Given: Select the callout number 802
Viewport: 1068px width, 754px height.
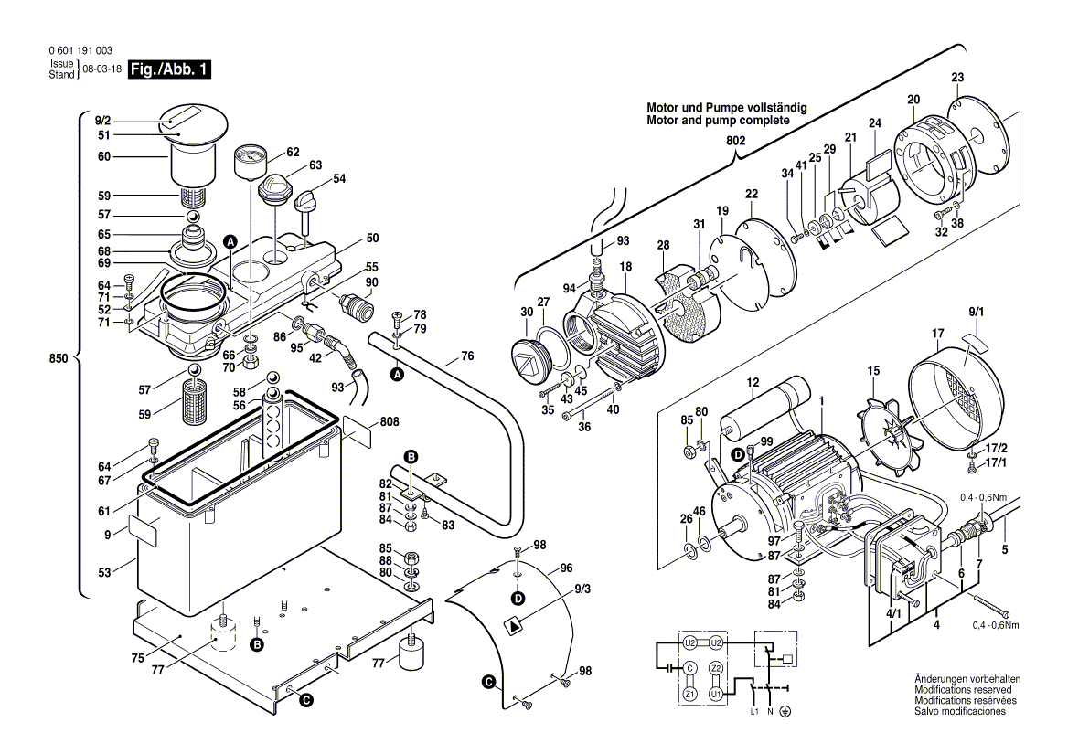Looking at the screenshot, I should click(735, 141).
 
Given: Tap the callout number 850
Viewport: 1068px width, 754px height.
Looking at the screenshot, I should click(59, 360).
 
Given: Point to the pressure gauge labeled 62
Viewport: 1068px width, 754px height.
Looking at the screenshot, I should click(249, 162).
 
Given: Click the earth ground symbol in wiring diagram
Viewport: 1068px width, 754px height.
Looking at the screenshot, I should click(785, 711).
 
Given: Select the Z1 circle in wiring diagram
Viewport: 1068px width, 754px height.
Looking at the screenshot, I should click(689, 695).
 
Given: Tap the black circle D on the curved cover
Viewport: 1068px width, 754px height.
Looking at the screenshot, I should click(518, 599).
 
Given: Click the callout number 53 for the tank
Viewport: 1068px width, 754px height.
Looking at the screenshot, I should click(104, 573).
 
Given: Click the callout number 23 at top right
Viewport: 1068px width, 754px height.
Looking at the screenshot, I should click(957, 77).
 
